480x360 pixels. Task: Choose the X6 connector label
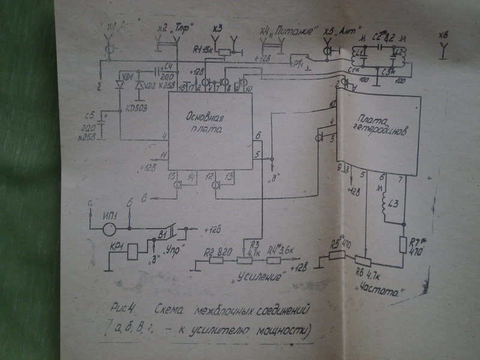[443, 38]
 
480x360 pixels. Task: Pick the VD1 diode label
[127, 78]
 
